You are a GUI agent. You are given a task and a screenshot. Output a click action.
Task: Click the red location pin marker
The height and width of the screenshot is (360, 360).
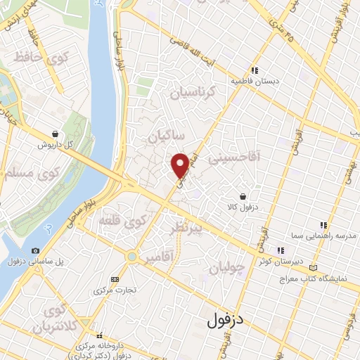(x=181, y=165)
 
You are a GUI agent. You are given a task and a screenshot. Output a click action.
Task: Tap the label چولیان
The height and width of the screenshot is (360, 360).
(x=228, y=269)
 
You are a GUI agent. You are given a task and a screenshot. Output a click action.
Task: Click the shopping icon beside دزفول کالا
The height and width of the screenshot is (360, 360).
(x=243, y=196)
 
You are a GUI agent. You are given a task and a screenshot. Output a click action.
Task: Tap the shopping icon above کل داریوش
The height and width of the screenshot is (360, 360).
(x=55, y=134)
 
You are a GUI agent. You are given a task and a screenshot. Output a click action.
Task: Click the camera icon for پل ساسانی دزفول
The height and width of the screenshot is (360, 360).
(x=35, y=251)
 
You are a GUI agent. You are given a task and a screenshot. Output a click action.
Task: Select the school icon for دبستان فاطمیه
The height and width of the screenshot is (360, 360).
(x=255, y=70)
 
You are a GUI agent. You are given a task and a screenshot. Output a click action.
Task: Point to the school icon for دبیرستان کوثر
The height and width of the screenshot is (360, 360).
(x=280, y=250)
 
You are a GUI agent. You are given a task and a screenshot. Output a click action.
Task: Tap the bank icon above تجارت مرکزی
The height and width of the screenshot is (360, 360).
(x=115, y=279)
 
